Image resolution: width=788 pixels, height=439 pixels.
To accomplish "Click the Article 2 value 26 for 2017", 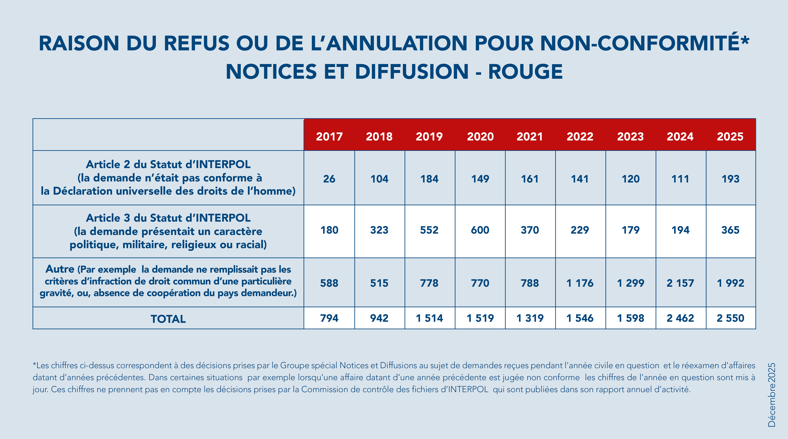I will coord(329,179).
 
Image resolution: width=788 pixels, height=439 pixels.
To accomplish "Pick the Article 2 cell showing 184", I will coord(429,179).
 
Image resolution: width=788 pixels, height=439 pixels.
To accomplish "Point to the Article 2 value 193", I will coord(730,179).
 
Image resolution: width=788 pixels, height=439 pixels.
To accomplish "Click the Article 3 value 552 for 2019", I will coord(429,230).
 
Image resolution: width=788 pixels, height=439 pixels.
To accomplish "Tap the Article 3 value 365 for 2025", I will coord(730,230).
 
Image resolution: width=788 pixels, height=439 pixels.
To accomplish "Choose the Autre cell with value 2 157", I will coord(680,283).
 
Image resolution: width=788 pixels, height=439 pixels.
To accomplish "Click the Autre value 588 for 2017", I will coord(329,283).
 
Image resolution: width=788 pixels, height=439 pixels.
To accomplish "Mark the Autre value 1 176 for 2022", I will coord(580,283).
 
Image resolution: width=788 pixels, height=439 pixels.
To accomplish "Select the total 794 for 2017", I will coord(329,318).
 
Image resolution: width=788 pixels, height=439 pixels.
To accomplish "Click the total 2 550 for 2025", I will coord(730,318).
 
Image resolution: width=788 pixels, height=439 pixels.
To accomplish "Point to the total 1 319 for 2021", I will coord(529,318).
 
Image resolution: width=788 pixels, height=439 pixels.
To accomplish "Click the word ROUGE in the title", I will coord(525,72).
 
